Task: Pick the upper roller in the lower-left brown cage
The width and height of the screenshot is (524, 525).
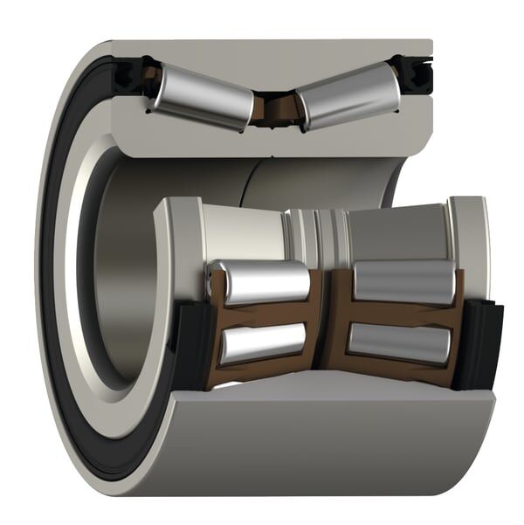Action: coord(262,282)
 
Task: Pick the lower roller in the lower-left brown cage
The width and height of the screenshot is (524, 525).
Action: coord(262,342)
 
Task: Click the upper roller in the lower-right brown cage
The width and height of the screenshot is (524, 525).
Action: coord(403,282)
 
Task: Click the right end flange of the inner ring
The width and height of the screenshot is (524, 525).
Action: coord(470,236)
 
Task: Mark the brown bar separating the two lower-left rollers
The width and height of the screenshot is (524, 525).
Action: coord(262,313)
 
